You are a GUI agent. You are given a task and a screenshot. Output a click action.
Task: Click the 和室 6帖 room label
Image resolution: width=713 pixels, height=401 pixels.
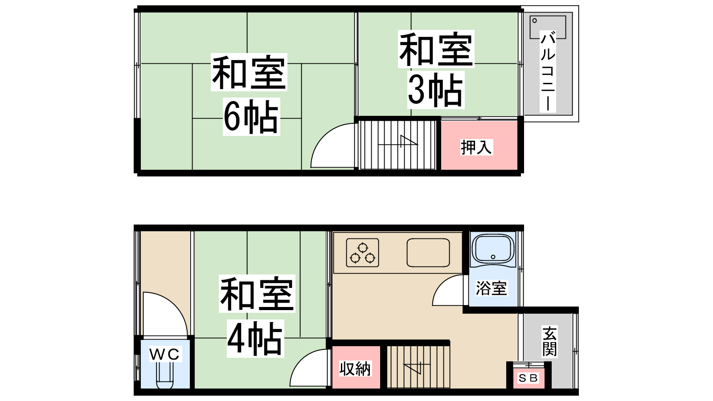(x=249, y=94)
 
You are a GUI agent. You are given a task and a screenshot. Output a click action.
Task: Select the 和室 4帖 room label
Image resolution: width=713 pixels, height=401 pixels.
(x=257, y=316)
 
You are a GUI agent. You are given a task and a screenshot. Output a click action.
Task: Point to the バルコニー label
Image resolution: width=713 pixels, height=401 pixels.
(x=548, y=71)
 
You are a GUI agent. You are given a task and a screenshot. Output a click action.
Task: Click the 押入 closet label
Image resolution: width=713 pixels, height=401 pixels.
(x=476, y=147)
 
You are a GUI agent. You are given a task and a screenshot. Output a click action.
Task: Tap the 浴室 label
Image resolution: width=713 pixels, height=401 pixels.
(x=492, y=288)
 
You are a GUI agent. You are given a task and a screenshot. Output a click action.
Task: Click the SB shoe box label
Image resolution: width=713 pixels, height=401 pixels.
(x=529, y=378)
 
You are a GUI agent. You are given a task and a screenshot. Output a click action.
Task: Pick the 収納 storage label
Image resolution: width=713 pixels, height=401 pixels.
(x=355, y=369)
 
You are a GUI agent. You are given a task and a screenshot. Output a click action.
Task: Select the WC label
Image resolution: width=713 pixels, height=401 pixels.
(x=164, y=354)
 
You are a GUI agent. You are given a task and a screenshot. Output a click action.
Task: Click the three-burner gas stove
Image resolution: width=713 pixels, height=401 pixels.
(x=363, y=253)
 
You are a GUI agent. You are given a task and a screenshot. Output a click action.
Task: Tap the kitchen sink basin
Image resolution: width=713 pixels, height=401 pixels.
(x=428, y=253)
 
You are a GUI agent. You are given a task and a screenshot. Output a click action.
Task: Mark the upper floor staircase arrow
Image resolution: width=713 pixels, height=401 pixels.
(x=398, y=142)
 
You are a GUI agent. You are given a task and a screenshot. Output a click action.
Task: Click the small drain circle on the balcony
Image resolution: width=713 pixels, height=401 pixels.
(x=534, y=20)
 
